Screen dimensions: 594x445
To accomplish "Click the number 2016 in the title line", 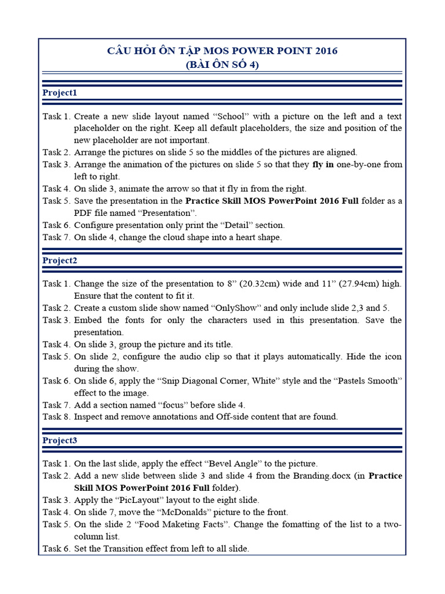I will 326,51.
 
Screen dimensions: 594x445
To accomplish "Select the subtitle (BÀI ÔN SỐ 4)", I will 222,65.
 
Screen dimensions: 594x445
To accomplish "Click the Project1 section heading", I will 60,93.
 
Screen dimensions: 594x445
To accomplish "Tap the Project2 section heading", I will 60,260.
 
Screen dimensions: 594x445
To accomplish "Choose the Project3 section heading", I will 60,440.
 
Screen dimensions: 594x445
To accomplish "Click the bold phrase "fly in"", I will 323,165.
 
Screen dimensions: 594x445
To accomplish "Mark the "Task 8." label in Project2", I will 56,416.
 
